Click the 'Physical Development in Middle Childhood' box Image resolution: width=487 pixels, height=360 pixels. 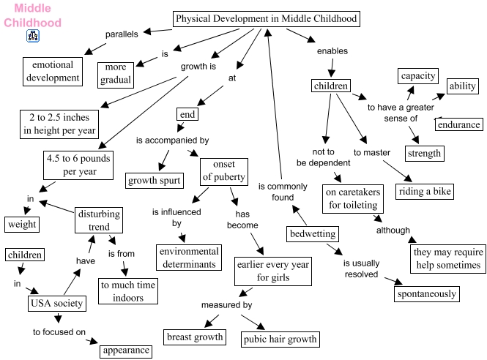[266, 19]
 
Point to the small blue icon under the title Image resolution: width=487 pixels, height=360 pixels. [32, 36]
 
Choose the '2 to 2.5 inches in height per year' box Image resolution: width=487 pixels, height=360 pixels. [59, 124]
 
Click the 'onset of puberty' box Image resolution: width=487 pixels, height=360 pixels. [224, 170]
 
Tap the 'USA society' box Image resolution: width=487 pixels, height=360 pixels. [57, 302]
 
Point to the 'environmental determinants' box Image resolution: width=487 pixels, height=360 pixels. [187, 257]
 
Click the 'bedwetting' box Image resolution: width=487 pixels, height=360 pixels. [313, 234]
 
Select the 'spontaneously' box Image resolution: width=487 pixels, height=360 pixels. [426, 294]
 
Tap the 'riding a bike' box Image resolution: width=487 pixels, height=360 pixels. [425, 192]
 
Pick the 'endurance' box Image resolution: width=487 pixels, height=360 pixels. [458, 124]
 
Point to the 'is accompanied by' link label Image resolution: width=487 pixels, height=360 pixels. [172, 139]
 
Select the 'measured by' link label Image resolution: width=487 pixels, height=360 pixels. [227, 304]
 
